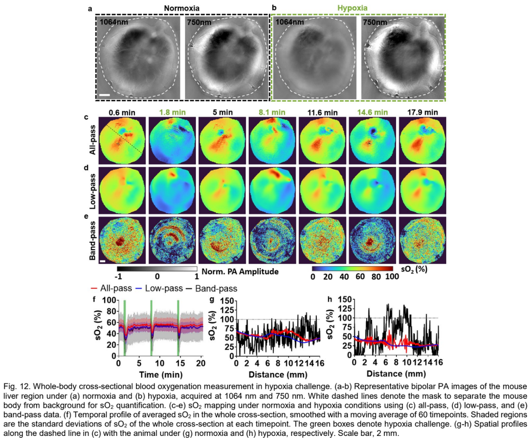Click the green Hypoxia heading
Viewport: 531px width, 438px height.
point(352,8)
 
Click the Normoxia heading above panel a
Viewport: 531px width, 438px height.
point(181,8)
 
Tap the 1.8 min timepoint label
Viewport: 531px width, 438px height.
point(172,112)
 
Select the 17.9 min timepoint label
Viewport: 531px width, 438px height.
point(422,112)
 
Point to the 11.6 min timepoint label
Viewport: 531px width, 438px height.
point(323,112)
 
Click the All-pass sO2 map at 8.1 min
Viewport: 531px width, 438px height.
point(272,140)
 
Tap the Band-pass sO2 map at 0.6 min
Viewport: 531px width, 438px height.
point(122,240)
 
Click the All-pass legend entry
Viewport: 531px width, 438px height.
point(111,288)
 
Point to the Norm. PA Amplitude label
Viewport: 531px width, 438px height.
point(240,272)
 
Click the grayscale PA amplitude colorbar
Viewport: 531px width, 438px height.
point(157,269)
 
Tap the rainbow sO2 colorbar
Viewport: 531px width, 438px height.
point(353,269)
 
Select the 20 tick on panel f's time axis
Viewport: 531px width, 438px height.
point(201,363)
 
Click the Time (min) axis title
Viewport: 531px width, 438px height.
point(161,375)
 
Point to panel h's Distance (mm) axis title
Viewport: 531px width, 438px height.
point(396,374)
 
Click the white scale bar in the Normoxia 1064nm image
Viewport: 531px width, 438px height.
point(105,95)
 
